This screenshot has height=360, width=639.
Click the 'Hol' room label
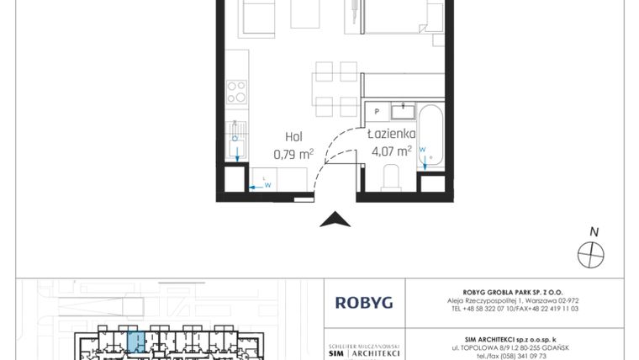[x=293, y=136]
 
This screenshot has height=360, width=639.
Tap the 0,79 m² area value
[x=293, y=154]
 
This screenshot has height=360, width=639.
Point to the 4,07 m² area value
[x=391, y=152]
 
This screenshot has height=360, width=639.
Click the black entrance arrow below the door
[x=335, y=220]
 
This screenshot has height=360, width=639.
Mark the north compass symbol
[x=591, y=252]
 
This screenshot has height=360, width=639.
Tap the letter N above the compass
[x=594, y=232]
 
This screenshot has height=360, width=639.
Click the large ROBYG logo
[x=363, y=302]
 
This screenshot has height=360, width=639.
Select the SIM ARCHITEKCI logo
[x=363, y=351]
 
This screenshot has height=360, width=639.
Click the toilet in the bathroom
[x=391, y=177]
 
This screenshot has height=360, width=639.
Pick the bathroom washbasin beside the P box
[x=404, y=109]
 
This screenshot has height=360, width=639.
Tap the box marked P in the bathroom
[x=378, y=111]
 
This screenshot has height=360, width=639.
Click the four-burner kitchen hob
[x=237, y=90]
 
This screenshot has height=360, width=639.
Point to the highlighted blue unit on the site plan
[x=136, y=342]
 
